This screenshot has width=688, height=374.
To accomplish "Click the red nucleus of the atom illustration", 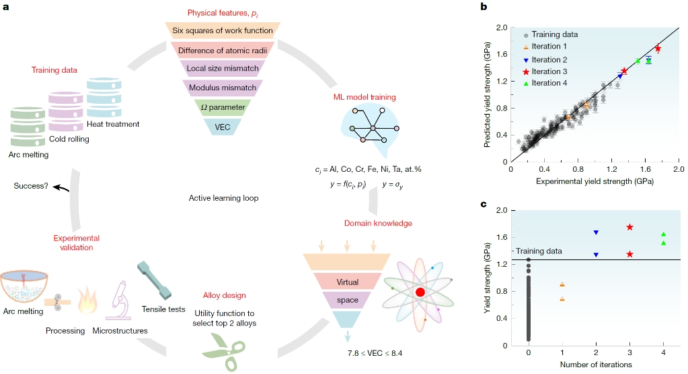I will tap(420, 292).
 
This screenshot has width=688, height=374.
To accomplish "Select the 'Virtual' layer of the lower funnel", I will tap(348, 281).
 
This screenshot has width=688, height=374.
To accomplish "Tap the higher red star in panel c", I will tap(629, 227).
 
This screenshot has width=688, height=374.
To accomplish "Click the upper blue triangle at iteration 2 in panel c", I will tap(596, 232).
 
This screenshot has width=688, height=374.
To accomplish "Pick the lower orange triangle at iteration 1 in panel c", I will tap(562, 299).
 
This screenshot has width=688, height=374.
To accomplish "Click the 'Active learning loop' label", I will tap(223, 198).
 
